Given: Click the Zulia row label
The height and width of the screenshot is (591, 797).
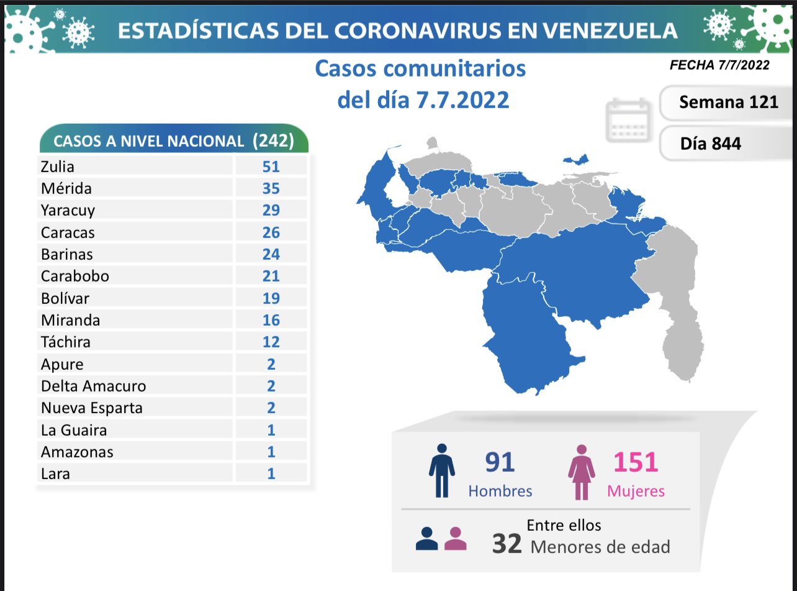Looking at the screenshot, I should pos(58,167).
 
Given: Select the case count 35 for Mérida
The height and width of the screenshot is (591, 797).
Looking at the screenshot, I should pos(271,188).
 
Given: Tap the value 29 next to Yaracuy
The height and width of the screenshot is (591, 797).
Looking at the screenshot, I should pos(271,210).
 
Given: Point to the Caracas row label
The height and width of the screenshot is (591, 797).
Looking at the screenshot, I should pos(68,232).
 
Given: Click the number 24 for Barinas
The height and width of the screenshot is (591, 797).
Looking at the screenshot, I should pos(271,254).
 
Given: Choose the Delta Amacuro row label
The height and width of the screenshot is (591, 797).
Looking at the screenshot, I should pos(93,386).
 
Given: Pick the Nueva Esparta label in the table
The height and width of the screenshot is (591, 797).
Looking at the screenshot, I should pos(91,408).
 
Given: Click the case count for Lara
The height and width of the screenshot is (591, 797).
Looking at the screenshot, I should pos(271,474).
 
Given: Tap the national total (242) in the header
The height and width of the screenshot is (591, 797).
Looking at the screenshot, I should pos(273,140).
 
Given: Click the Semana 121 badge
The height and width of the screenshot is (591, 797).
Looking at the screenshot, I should pos(728,102).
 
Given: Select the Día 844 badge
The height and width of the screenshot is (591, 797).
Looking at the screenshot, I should pos(710,143).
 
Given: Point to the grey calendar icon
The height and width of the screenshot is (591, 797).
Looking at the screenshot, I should pos(628,120).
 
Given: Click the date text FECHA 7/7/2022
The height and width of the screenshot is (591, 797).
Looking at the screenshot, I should pos(719,65).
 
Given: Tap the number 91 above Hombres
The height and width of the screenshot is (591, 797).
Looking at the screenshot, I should pos(500,462).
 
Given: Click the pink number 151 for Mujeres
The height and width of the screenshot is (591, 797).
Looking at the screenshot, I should pos(636,462).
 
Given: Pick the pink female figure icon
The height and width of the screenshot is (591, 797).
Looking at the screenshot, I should pos(582,472).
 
